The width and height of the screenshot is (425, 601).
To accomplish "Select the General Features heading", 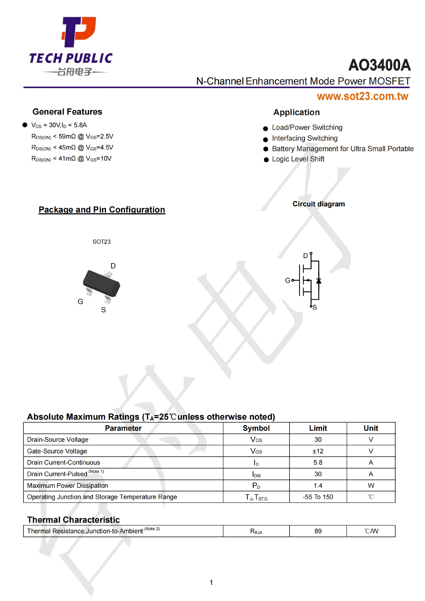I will [x=67, y=112].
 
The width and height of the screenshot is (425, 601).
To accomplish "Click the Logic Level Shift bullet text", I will [x=298, y=159].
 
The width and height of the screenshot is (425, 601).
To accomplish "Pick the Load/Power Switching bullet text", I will [x=307, y=127].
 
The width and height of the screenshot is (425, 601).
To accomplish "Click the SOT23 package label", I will [x=102, y=242].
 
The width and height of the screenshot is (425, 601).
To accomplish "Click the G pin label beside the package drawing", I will [x=80, y=302].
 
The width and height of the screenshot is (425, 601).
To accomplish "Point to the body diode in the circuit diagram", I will [x=319, y=281].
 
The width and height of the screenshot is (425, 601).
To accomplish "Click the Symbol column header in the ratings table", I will [x=256, y=428].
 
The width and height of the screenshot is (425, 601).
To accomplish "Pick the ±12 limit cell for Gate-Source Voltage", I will [x=318, y=451].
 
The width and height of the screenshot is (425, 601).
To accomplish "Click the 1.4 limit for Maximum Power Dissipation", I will [x=318, y=486].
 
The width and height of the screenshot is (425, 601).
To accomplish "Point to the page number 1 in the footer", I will [x=211, y=582].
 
